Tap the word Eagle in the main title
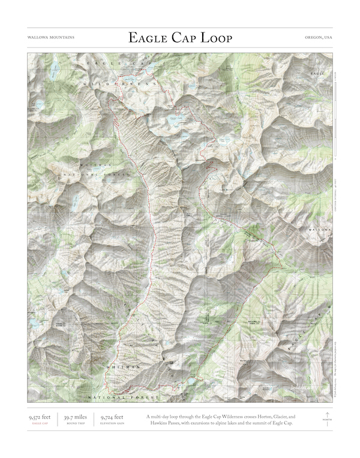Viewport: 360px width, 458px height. pos(146,38)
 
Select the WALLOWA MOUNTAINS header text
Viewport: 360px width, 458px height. pos(51,37)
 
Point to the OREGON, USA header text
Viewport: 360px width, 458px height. pos(318,37)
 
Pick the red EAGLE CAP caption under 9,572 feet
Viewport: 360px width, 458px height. pos(40,423)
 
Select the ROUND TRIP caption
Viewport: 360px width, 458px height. pos(76,423)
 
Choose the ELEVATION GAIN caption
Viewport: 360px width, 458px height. pos(112,423)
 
